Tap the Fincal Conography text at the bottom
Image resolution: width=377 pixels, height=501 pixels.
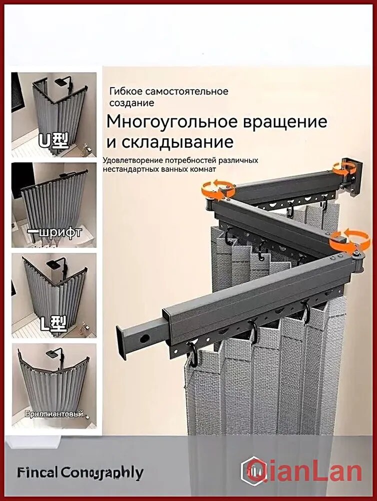(x=80, y=472)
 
